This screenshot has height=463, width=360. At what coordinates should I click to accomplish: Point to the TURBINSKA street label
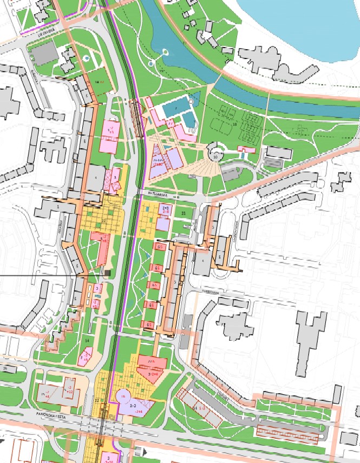click(210, 292)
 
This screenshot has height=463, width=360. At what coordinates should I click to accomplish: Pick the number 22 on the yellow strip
click(97, 400)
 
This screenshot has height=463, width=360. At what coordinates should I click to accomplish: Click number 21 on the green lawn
click(184, 214)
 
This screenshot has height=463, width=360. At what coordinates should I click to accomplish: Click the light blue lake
click(303, 22)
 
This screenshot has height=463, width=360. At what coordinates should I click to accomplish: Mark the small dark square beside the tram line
click(107, 273)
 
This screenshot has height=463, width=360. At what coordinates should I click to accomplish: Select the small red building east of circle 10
click(246, 149)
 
